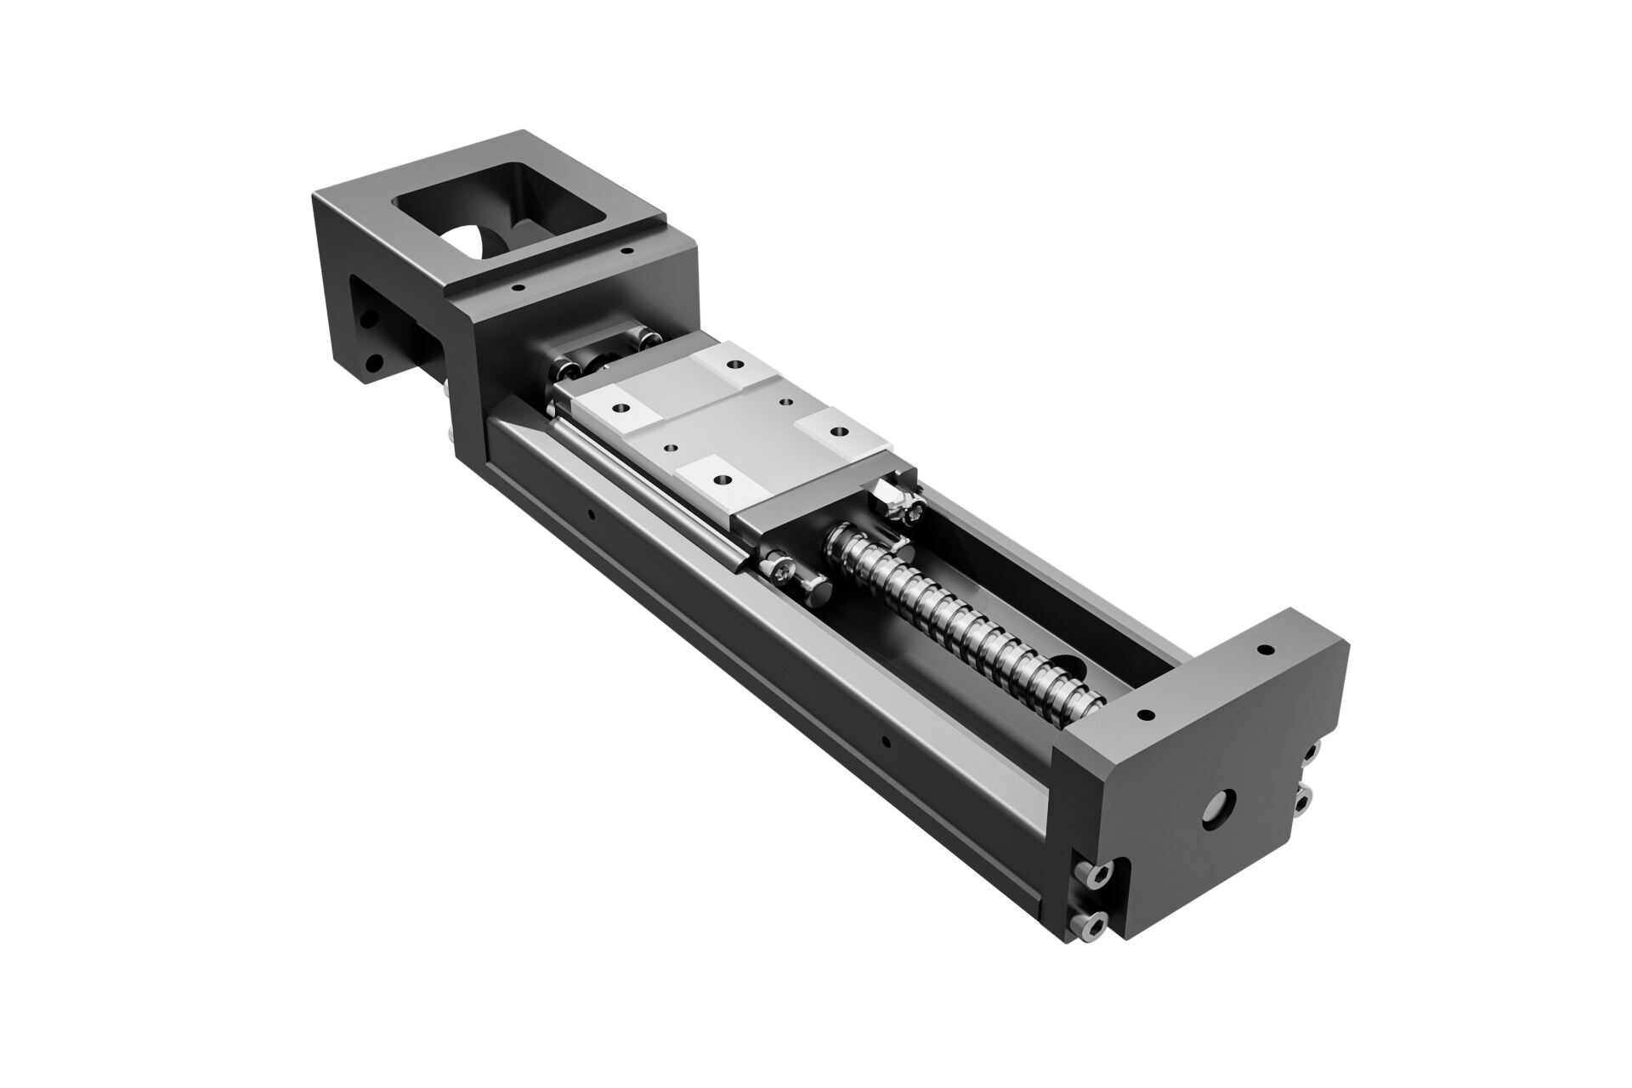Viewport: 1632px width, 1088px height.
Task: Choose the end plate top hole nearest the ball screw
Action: pyautogui.click(x=1144, y=714)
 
